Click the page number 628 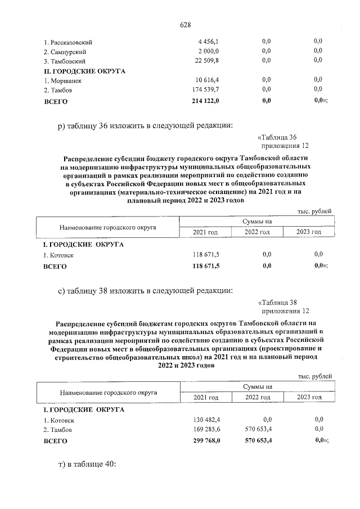pos(186,25)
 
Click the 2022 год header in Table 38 pos(258,398)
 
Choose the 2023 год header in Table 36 pos(309,232)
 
